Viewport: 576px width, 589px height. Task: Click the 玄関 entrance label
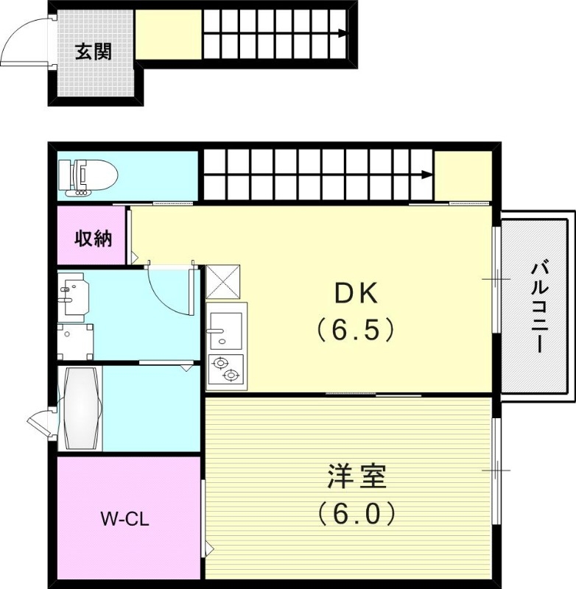[94, 53]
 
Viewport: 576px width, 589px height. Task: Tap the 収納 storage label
[94, 239]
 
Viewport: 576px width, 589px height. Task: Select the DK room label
[357, 294]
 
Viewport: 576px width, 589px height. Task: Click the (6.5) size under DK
[357, 329]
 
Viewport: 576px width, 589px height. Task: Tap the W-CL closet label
[125, 518]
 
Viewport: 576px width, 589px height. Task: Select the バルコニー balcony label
[537, 306]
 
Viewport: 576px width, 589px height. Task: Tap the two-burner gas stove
[226, 369]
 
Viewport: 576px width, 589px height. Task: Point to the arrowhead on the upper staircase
[343, 33]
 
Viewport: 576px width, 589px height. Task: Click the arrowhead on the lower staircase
[427, 174]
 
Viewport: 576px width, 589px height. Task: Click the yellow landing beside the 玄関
[168, 35]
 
